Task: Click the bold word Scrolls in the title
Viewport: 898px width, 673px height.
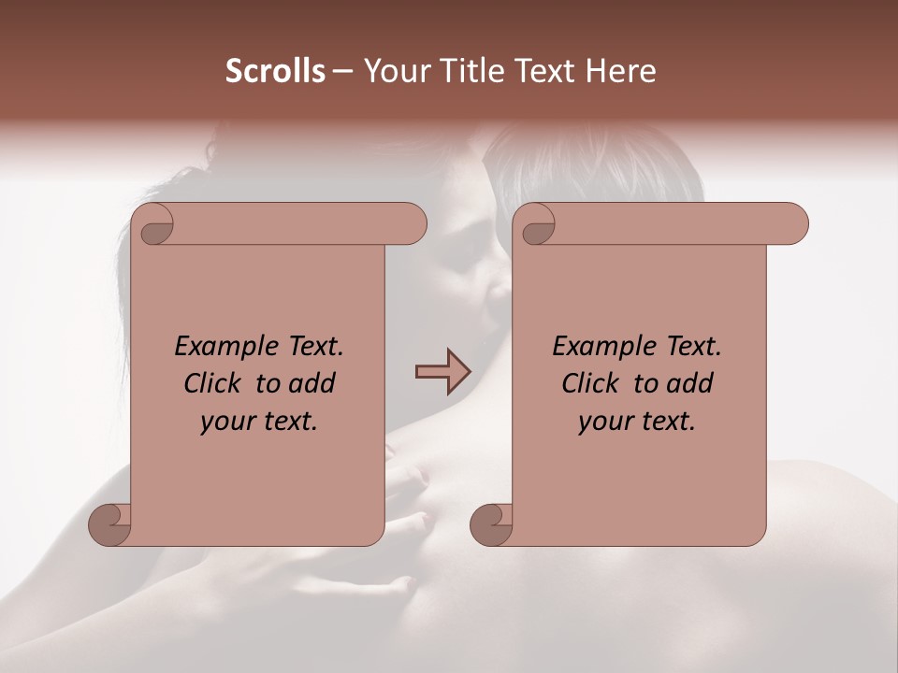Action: [275, 71]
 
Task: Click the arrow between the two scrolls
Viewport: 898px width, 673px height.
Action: [443, 371]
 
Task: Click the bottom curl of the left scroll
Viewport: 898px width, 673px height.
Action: [109, 524]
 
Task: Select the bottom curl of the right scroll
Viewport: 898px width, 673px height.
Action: [490, 524]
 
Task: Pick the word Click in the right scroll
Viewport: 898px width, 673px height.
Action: [591, 384]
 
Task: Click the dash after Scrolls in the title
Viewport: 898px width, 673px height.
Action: [342, 72]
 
